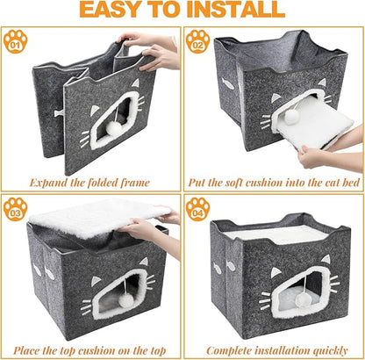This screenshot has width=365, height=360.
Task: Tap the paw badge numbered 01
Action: tap(14, 41)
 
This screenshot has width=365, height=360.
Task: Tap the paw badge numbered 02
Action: tap(198, 41)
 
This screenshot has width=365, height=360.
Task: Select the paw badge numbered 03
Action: tap(14, 211)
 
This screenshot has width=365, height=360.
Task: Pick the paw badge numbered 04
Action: tap(198, 211)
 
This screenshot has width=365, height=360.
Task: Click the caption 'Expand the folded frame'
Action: tap(91, 184)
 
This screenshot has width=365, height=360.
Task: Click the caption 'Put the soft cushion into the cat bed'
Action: tap(274, 184)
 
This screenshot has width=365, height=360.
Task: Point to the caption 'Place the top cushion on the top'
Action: tap(91, 349)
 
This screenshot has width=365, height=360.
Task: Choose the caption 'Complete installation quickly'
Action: tap(274, 349)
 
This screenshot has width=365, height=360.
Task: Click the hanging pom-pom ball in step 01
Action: tap(113, 129)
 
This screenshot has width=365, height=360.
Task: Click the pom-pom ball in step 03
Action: tap(128, 300)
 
